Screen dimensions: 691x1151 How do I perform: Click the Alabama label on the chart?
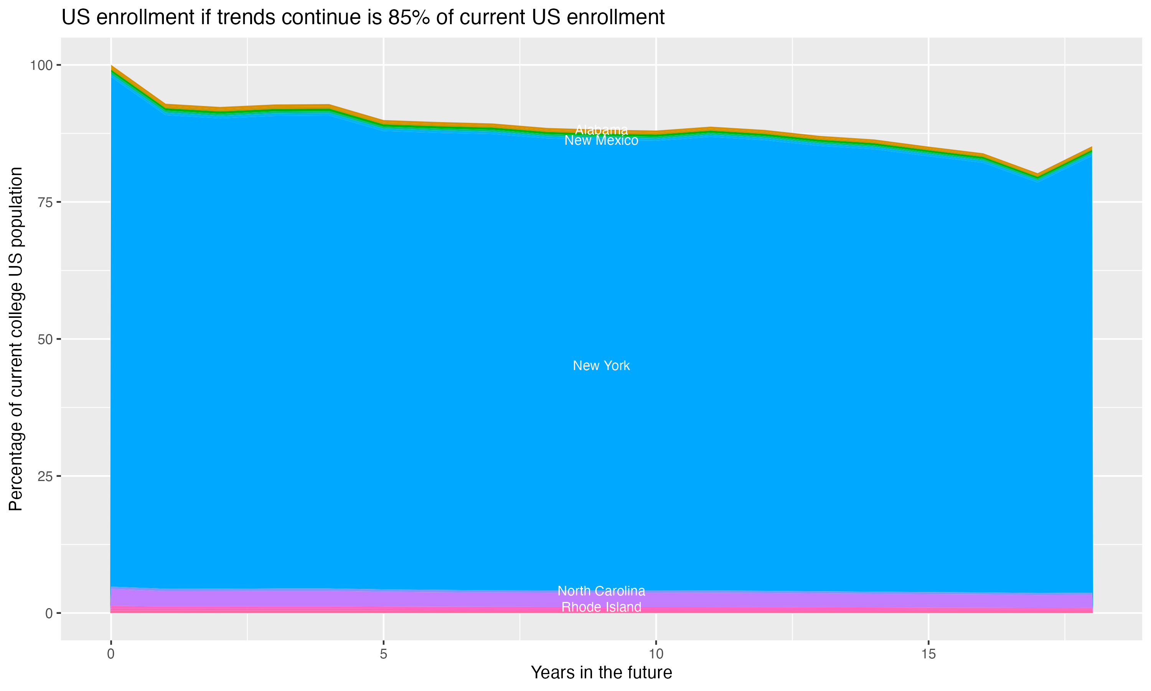coord(601,130)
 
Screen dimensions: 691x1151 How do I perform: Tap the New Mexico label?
coord(601,141)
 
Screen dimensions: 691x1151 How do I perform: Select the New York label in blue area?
coord(601,365)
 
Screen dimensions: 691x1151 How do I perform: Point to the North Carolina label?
coord(601,591)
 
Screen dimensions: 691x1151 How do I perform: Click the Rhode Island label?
coord(601,607)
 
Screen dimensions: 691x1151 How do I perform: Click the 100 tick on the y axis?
coord(41,65)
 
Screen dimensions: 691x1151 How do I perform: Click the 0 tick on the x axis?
coord(111,654)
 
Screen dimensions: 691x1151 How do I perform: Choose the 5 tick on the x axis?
coord(383,654)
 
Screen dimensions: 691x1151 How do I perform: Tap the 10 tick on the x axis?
coord(656,654)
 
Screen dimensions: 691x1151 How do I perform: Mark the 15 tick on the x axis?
coord(928,654)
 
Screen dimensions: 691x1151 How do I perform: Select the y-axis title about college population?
coord(16,339)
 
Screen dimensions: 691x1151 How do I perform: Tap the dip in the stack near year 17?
coord(1037,175)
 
